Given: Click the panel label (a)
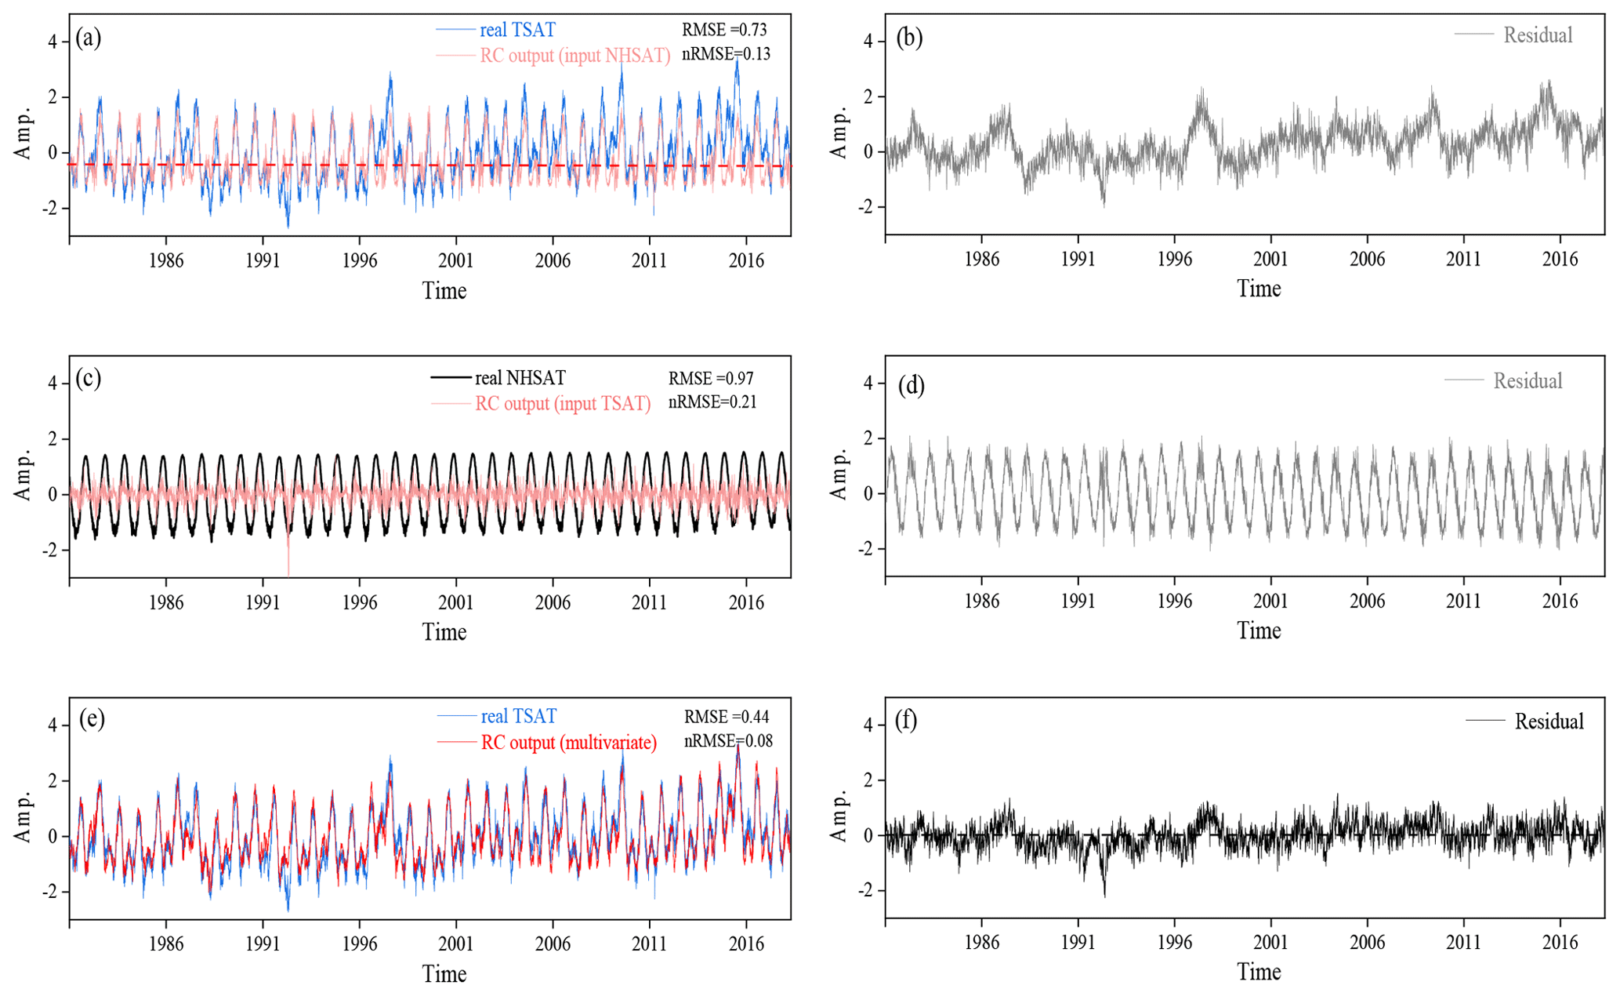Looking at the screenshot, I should click(88, 38).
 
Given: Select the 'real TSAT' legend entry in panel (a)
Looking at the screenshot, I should click(517, 30).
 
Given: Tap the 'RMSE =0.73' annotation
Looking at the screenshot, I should click(724, 30).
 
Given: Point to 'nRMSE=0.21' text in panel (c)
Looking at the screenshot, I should click(712, 402).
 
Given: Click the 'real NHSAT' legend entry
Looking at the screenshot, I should click(520, 378).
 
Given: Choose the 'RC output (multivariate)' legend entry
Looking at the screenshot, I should click(568, 742).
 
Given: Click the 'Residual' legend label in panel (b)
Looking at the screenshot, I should click(1538, 35).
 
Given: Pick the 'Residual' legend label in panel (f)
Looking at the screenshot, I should click(1549, 722).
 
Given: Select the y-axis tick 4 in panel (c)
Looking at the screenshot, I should click(53, 383).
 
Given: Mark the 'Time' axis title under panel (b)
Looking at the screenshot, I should click(1259, 289).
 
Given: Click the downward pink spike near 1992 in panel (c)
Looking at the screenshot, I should click(288, 561).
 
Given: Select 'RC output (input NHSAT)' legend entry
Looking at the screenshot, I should click(574, 56).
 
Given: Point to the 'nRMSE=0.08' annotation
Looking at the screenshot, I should click(728, 741).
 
